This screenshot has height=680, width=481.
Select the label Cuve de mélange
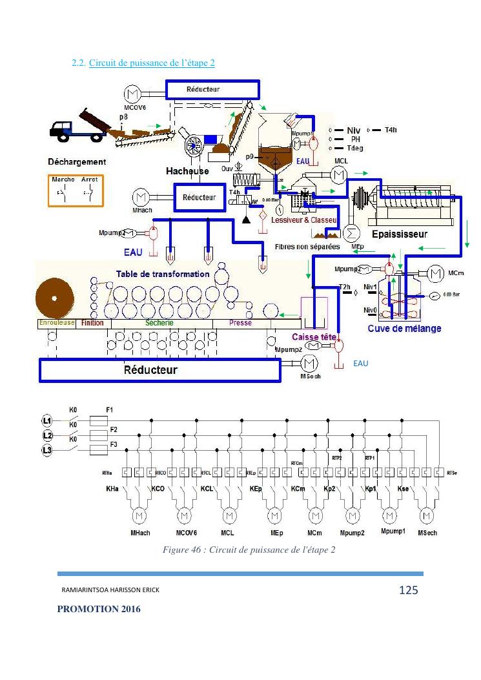pyautogui.click(x=404, y=329)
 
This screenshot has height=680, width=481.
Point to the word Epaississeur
pyautogui.click(x=399, y=234)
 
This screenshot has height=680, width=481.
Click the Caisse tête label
pyautogui.click(x=314, y=337)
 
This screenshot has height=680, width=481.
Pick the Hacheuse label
pyautogui.click(x=187, y=171)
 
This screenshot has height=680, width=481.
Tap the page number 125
pyautogui.click(x=408, y=590)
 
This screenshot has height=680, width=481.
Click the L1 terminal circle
pyautogui.click(x=47, y=421)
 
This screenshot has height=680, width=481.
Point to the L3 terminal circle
pyautogui.click(x=47, y=449)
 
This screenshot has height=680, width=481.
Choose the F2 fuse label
pyautogui.click(x=114, y=429)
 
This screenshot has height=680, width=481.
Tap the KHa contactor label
pyautogui.click(x=112, y=489)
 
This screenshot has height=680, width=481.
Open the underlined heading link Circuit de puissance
pyautogui.click(x=152, y=63)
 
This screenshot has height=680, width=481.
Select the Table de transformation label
pyautogui.click(x=163, y=274)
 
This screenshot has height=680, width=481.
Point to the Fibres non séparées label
pyautogui.click(x=307, y=247)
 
